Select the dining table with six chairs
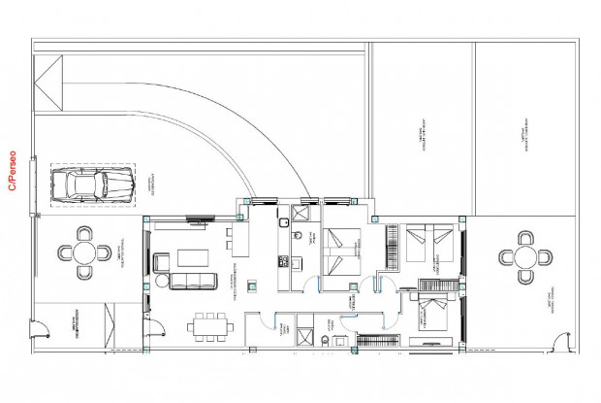click(x=207, y=325)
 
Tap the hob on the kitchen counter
click(x=284, y=261)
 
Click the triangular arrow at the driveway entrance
click(x=47, y=78)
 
